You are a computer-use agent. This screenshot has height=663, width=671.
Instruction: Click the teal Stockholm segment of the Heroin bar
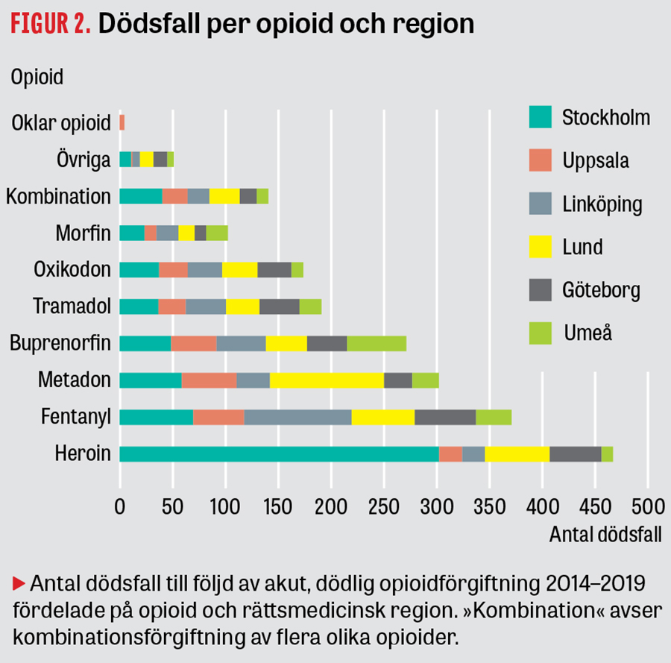click(x=279, y=453)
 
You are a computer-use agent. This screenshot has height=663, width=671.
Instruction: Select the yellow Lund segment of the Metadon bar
click(x=327, y=380)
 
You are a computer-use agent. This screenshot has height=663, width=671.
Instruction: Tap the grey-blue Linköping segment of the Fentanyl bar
click(x=297, y=417)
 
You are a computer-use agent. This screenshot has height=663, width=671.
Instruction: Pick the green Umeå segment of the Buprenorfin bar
click(x=377, y=343)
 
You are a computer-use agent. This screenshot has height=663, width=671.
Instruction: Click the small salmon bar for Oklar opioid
click(x=122, y=122)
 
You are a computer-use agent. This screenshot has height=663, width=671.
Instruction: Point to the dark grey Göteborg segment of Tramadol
click(x=279, y=307)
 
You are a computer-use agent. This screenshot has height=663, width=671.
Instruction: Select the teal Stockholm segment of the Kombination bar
click(x=140, y=196)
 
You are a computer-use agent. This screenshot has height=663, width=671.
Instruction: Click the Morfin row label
click(x=83, y=233)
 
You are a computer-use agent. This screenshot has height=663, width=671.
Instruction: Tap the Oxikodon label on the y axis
click(x=72, y=270)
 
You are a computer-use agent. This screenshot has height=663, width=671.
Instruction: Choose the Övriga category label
click(x=84, y=160)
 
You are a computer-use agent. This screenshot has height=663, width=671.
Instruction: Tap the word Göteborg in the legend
click(x=601, y=289)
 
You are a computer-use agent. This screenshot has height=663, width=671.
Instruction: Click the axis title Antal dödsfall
click(x=605, y=535)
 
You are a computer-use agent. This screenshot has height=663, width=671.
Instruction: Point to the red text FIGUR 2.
click(x=50, y=24)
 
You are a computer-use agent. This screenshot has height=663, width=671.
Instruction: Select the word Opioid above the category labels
click(x=37, y=77)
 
